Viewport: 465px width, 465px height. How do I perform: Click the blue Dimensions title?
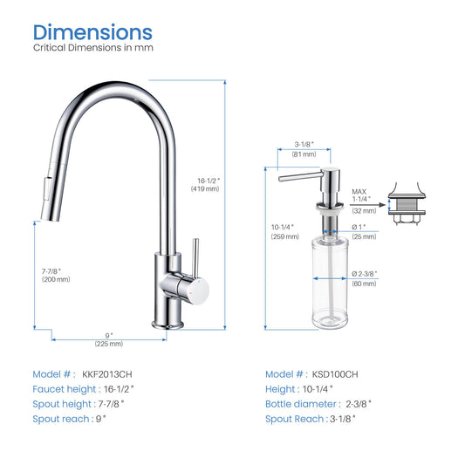92,32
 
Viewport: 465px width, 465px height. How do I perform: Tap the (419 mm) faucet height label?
205,189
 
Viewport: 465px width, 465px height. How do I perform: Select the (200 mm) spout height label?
56,279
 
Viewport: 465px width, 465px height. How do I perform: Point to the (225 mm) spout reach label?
109,344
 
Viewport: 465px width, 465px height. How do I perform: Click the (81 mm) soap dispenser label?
304,154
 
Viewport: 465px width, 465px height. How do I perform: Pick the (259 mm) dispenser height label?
285,236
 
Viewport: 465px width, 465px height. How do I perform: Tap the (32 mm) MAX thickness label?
364,211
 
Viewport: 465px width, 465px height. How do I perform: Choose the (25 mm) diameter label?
364,236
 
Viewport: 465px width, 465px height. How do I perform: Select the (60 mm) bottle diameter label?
364,284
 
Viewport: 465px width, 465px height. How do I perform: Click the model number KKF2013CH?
107,374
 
